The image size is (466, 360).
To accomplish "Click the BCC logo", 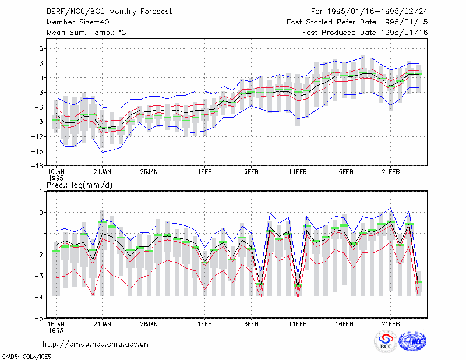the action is (386, 341).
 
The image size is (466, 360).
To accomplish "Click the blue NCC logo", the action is (412, 341).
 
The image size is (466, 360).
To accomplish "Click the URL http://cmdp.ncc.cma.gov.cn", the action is (96, 344).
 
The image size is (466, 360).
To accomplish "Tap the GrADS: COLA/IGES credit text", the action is (26, 357).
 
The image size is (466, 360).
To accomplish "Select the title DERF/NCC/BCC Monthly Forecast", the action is (109, 12).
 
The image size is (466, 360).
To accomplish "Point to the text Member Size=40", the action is (78, 22).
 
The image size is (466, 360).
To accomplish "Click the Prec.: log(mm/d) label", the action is (79, 185).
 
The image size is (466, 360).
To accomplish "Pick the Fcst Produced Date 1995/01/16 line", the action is (365, 33).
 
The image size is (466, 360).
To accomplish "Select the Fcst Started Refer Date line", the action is (357, 22).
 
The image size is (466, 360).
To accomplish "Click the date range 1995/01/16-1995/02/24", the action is (377, 12).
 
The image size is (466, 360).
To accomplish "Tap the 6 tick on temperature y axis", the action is (41, 48).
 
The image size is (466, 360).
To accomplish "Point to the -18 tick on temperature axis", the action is (37, 166).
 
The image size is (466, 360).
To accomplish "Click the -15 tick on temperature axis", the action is (37, 151).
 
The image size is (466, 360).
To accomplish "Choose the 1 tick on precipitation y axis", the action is (41, 192).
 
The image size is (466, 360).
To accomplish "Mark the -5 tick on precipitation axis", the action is (38, 319).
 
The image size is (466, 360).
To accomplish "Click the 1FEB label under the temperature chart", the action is (205, 172).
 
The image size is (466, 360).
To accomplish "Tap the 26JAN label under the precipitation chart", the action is (149, 324).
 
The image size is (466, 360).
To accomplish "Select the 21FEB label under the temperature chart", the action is (390, 172).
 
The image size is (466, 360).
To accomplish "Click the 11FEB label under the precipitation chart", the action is (298, 324).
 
